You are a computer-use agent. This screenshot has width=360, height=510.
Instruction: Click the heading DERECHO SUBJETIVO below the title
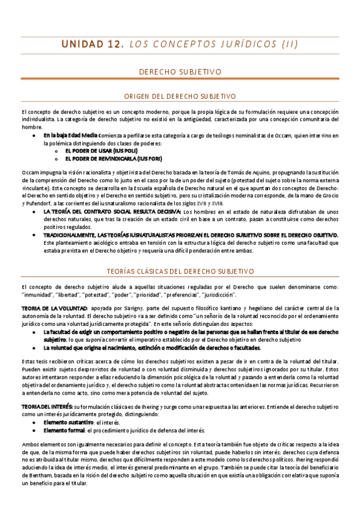click(180, 72)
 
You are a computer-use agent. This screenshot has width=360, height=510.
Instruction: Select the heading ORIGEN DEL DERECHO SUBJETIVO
click(180, 96)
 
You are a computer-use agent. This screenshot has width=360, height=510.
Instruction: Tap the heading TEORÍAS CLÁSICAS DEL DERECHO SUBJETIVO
click(180, 271)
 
